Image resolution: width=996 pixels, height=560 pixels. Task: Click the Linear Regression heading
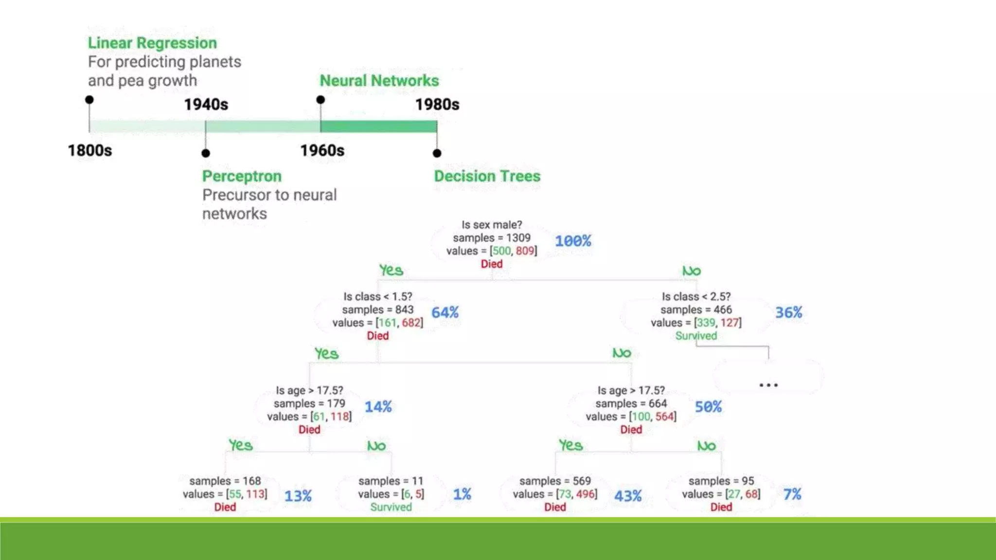pos(152,43)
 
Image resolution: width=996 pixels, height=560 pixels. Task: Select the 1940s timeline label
pos(206,105)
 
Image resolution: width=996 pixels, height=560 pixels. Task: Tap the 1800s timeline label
pos(90,151)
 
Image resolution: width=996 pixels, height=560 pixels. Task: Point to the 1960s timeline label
pos(322,151)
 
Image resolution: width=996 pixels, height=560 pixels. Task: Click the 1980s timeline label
pos(437,105)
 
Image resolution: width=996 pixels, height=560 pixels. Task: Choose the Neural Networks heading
pos(379,81)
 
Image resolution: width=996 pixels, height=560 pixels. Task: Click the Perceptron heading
pos(242,176)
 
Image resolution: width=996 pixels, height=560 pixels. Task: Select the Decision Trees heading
pos(487,176)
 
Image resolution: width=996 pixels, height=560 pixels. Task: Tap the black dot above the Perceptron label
pos(206,153)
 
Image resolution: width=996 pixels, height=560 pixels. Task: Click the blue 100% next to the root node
pos(573,241)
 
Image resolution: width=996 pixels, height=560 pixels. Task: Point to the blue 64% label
pos(445,313)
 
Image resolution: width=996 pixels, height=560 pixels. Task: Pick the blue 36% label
pos(788,313)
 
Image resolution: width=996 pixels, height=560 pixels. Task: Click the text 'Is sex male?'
pos(491,225)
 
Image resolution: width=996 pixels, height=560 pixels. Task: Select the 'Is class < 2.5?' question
pos(695,297)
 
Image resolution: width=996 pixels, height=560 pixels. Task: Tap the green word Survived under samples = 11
pos(391,507)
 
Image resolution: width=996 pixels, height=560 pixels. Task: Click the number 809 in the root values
pos(525,251)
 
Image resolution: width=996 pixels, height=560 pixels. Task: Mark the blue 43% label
pos(627,496)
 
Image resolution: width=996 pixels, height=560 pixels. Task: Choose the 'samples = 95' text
pos(721,481)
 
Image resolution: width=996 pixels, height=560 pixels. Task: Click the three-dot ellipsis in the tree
pos(768,385)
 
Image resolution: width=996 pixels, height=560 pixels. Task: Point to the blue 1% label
pos(462,494)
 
